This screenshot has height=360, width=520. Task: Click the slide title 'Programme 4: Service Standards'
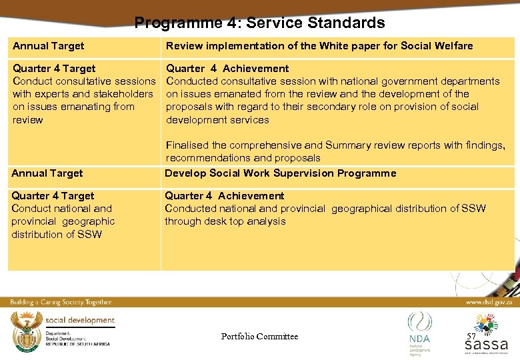click(259, 23)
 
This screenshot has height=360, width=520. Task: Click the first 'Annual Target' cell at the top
click(49, 46)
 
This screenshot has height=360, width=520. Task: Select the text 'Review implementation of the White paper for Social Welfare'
click(319, 46)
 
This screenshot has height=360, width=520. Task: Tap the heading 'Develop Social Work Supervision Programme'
click(280, 173)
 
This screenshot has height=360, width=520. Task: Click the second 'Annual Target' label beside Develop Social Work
click(47, 173)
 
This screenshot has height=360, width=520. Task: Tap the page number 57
click(471, 336)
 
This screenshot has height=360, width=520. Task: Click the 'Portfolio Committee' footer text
click(259, 337)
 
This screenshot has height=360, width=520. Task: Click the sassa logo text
click(486, 345)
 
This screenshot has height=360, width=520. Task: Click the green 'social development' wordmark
click(80, 320)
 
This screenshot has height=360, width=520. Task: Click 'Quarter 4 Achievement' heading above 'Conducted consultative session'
click(227, 69)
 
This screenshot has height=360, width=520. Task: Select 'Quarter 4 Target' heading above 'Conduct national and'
click(53, 196)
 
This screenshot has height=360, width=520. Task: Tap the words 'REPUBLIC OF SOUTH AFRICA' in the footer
click(77, 343)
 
